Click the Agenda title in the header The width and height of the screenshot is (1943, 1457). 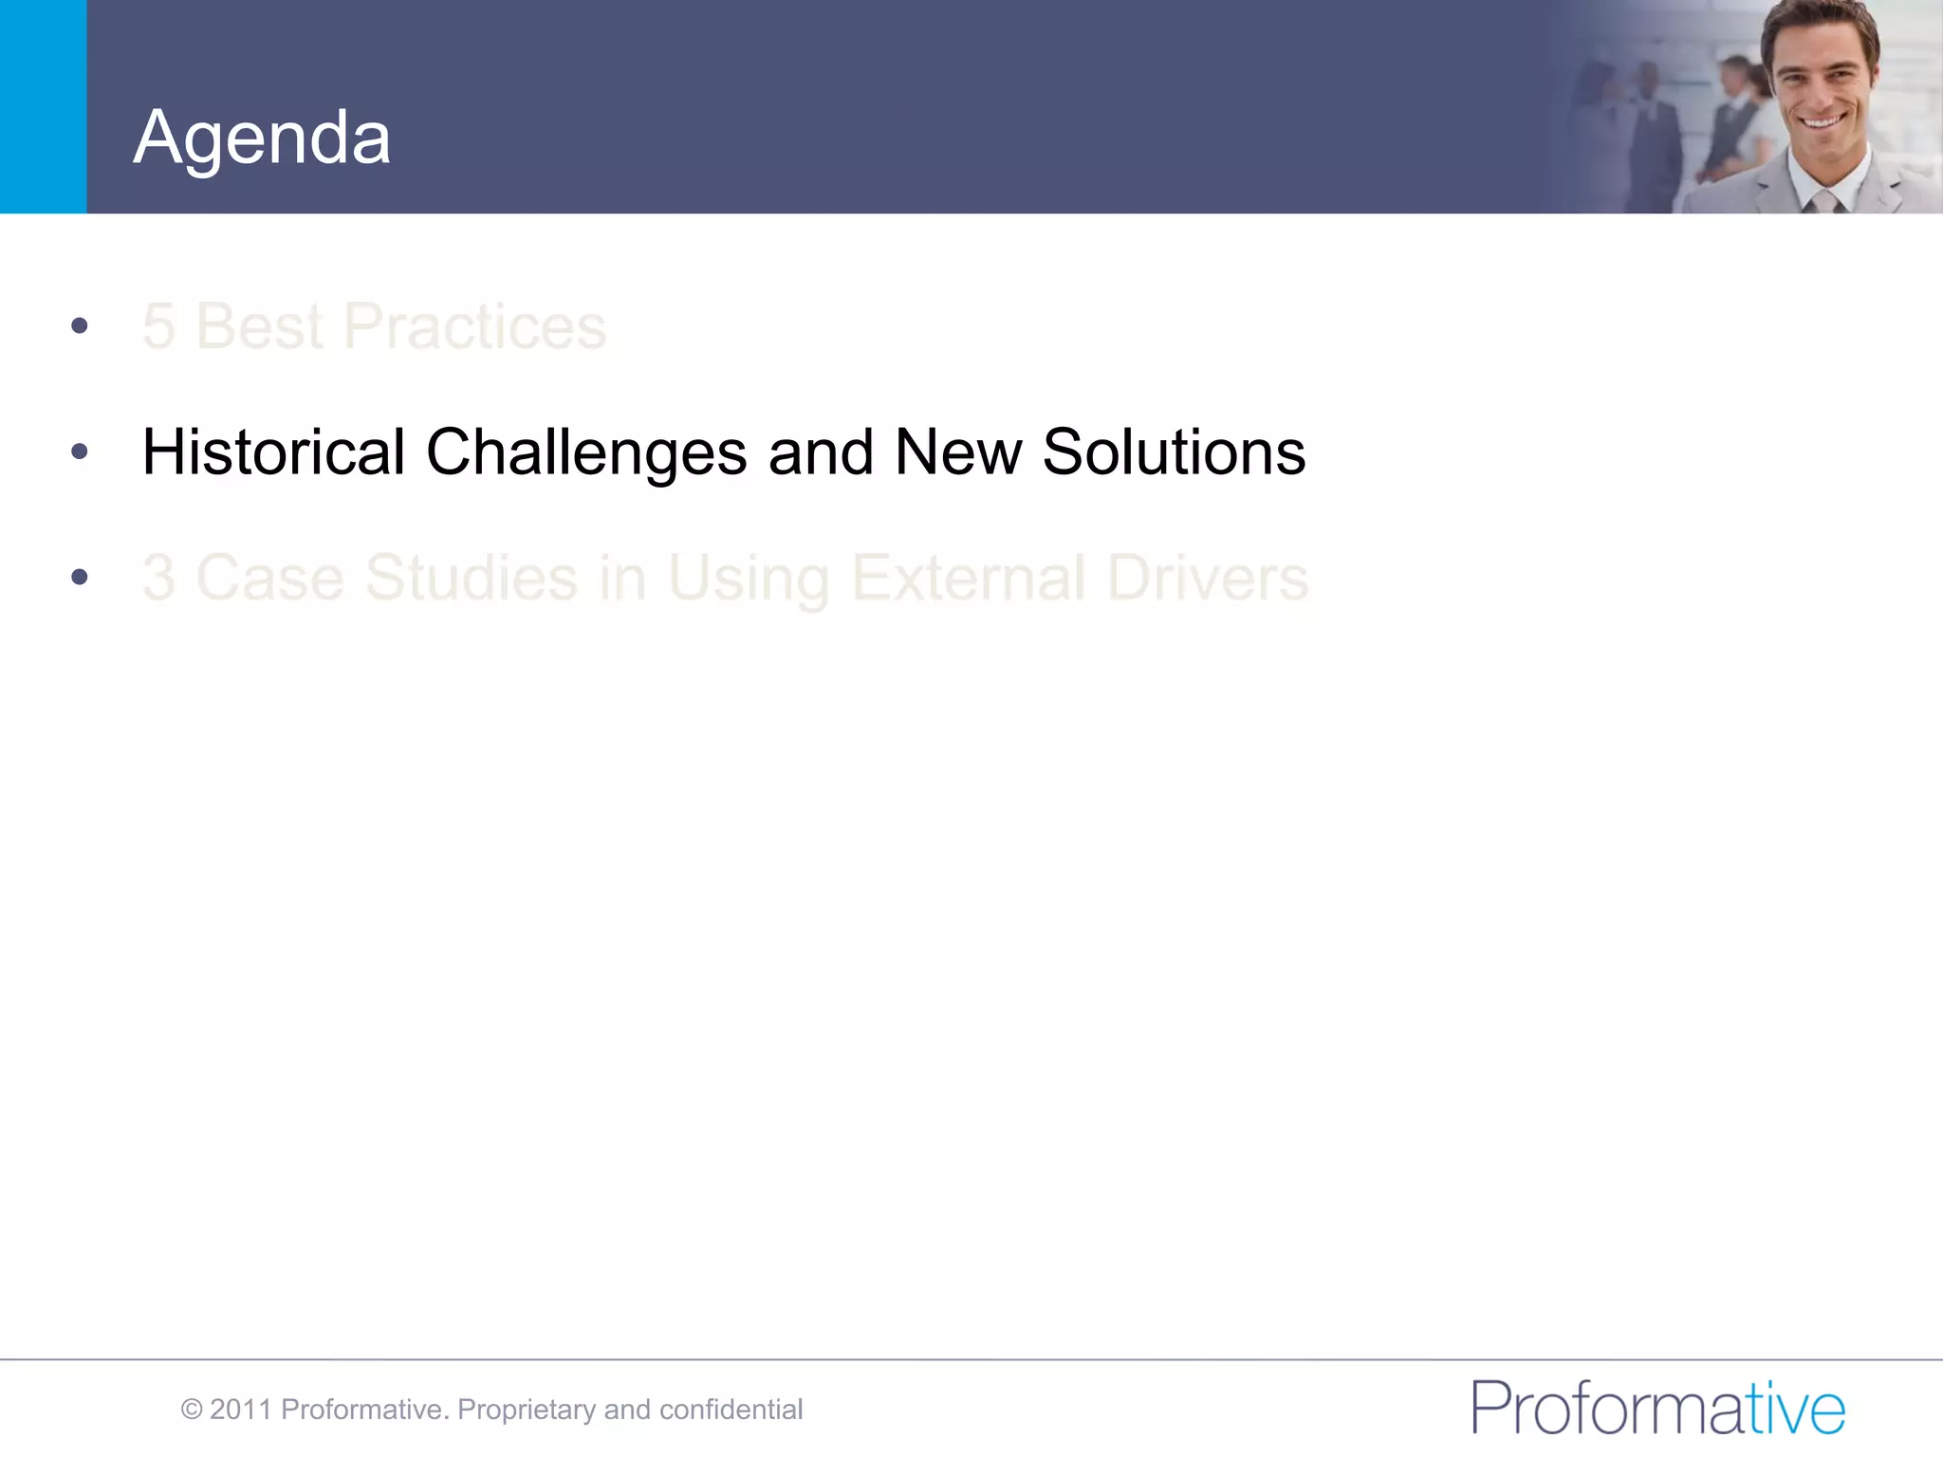(x=262, y=138)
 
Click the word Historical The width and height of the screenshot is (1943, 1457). (x=273, y=452)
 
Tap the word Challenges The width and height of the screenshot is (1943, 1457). (x=585, y=453)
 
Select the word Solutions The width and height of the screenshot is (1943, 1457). (x=1174, y=452)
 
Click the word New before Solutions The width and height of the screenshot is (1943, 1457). (x=957, y=452)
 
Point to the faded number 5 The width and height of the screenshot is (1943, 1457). (x=158, y=326)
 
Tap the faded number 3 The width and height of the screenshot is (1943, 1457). (x=158, y=577)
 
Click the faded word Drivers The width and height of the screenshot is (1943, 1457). (x=1207, y=577)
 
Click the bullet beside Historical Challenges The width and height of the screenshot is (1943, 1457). (x=80, y=452)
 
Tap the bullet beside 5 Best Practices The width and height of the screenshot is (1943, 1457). (x=80, y=326)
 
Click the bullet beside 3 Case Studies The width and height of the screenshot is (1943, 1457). (x=80, y=577)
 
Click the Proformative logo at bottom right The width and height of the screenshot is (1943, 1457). (x=1657, y=1408)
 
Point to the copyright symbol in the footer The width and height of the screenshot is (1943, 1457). (x=192, y=1410)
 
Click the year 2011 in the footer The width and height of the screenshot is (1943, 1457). (x=241, y=1410)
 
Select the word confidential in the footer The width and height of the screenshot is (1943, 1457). (x=731, y=1410)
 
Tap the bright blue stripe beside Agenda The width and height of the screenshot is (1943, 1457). (x=43, y=106)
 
